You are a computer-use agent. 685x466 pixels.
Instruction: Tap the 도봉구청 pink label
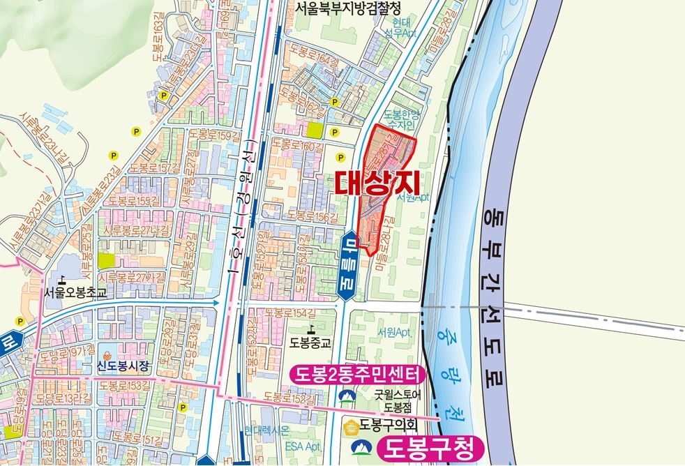tap(430, 448)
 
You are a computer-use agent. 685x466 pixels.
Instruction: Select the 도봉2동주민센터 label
tap(356, 376)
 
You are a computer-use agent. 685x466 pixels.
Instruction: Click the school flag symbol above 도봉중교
tap(310, 328)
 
